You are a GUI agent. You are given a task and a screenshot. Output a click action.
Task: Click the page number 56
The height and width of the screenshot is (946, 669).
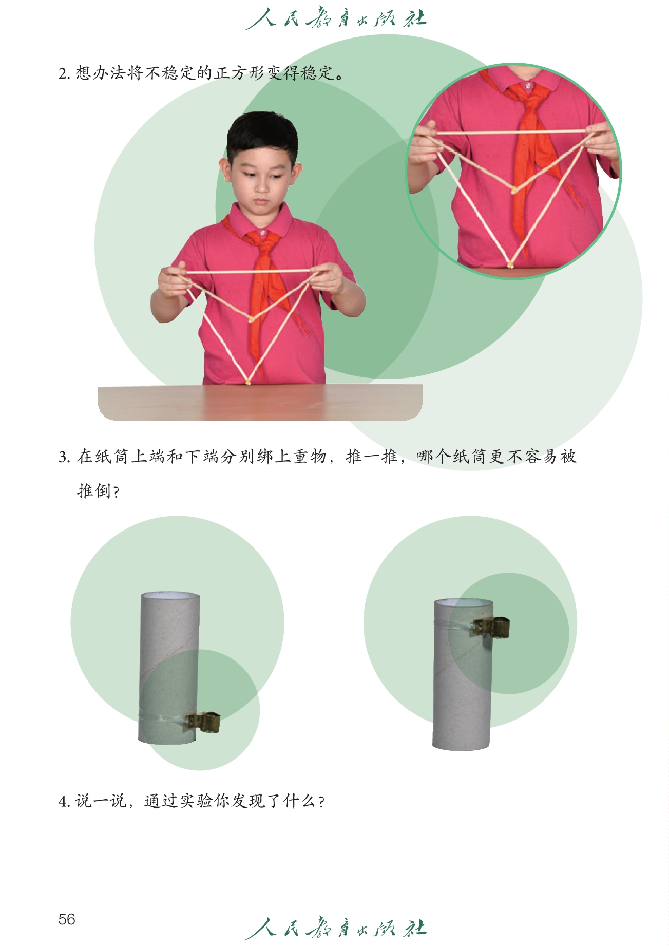coord(67,919)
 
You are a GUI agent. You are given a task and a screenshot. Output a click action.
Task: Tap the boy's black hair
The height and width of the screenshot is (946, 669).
coord(262,135)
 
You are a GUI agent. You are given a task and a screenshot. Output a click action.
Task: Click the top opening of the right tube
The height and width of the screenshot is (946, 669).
coord(464,602)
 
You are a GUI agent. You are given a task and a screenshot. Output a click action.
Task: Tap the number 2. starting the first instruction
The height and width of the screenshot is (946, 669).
coord(64,74)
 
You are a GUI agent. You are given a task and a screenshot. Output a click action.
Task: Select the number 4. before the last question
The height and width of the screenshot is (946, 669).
coord(64,802)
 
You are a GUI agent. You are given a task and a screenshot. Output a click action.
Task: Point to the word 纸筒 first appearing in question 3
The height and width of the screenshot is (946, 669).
coord(103,457)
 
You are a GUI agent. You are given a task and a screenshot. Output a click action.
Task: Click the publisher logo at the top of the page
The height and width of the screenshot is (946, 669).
coord(336,19)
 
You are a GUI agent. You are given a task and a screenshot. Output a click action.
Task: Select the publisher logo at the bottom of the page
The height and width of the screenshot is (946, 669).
coord(336,928)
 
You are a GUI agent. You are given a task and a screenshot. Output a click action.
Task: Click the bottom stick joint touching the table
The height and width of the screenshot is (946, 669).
coord(248,382)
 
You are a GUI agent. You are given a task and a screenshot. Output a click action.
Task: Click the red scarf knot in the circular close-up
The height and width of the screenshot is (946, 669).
coord(530,97)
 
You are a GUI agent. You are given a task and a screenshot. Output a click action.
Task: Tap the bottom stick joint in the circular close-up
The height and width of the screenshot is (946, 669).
coord(510,264)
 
